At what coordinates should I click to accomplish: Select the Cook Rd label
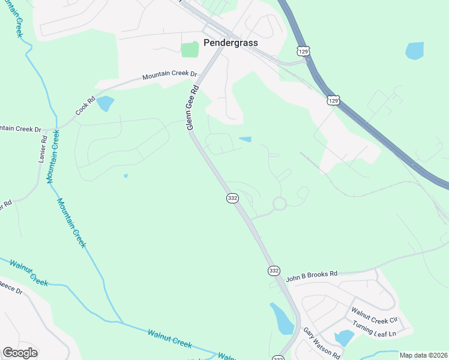(85, 107)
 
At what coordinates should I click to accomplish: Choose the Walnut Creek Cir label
(375, 313)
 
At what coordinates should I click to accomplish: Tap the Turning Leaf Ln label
(375, 329)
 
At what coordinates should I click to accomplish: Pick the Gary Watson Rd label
(321, 343)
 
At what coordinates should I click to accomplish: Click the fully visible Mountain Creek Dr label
(169, 76)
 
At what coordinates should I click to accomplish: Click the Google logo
(20, 353)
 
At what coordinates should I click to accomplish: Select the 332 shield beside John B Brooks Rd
(274, 271)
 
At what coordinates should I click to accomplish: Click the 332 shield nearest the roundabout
(232, 198)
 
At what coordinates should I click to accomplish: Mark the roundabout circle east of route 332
(279, 204)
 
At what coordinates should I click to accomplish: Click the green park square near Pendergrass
(190, 49)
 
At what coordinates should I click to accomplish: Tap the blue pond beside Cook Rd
(105, 103)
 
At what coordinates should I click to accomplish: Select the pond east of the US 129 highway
(415, 50)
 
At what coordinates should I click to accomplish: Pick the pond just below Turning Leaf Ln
(345, 338)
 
